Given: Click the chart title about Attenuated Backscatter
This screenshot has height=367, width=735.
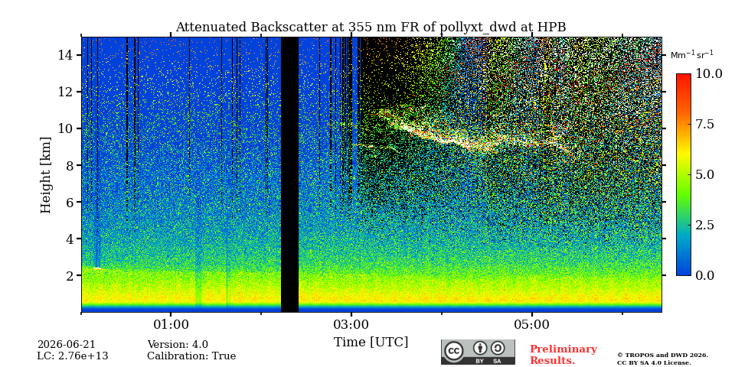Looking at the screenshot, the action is pyautogui.click(x=371, y=28).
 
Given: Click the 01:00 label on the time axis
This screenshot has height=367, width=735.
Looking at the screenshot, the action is pyautogui.click(x=171, y=324).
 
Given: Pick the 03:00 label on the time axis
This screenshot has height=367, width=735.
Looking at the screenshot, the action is pyautogui.click(x=351, y=324).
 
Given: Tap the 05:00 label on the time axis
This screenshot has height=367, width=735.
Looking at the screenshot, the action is pyautogui.click(x=532, y=324).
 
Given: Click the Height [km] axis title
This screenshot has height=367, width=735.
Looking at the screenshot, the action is pyautogui.click(x=45, y=175).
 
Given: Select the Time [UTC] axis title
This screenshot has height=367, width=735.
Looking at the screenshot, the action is pyautogui.click(x=371, y=343).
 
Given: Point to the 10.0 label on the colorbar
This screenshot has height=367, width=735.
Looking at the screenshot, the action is pyautogui.click(x=708, y=74).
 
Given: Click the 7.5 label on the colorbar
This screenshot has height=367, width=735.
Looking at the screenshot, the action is pyautogui.click(x=704, y=124).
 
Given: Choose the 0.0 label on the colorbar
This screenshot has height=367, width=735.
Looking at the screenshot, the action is pyautogui.click(x=704, y=275).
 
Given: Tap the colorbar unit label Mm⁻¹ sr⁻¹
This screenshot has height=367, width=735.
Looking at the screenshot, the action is pyautogui.click(x=692, y=55).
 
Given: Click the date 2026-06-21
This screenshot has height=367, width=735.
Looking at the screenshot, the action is pyautogui.click(x=66, y=345).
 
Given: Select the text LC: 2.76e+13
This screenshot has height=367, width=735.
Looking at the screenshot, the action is pyautogui.click(x=73, y=356).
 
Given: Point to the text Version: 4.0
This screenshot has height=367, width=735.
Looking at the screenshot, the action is pyautogui.click(x=178, y=345).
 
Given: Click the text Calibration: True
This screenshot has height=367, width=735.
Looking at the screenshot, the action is pyautogui.click(x=191, y=356).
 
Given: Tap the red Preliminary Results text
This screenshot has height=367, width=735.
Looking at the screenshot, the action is pyautogui.click(x=563, y=355).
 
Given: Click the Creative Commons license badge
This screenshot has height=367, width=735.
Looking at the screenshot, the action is pyautogui.click(x=478, y=352).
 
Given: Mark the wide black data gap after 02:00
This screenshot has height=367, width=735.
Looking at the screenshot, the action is pyautogui.click(x=289, y=174).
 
